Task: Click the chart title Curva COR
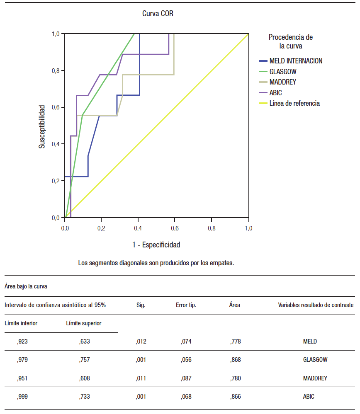click(158, 14)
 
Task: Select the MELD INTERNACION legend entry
click(295, 61)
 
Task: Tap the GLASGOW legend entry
click(283, 72)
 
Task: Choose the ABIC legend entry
click(275, 93)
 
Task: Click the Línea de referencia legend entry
click(294, 103)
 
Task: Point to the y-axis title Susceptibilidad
click(42, 126)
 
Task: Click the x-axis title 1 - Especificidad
click(156, 245)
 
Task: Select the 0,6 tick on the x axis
click(175, 228)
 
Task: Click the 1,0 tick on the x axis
click(248, 228)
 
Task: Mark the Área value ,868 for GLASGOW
click(235, 360)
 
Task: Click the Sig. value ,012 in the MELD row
click(141, 341)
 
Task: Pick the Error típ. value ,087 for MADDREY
click(186, 378)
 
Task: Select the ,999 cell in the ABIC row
click(22, 397)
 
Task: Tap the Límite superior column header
click(84, 323)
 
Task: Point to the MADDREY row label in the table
click(315, 378)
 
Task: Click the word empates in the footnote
click(223, 263)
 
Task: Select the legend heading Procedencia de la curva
click(290, 41)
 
